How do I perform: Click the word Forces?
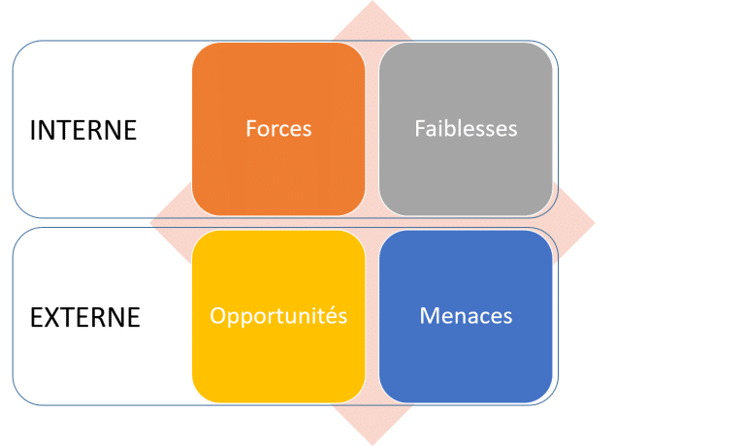pos(278,128)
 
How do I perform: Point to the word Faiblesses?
pos(466,128)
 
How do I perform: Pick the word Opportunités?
pos(278,317)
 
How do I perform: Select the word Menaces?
pos(466,317)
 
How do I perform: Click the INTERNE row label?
pos(82,130)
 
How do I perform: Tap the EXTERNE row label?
pos(84,318)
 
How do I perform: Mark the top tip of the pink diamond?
pos(372,3)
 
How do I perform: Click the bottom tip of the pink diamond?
pos(372,443)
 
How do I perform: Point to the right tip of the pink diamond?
pos(594,223)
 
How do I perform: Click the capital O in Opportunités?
pos(218,317)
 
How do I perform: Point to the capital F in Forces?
pos(250,128)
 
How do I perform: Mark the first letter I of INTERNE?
pos(32,130)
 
